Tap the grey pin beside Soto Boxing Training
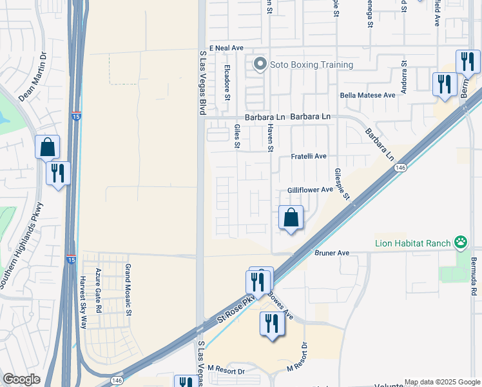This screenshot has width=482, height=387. (x=260, y=64)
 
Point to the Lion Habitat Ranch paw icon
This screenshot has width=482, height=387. (x=460, y=243)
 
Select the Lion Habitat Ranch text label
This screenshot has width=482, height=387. (x=412, y=243)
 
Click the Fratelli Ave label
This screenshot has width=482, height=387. (x=309, y=156)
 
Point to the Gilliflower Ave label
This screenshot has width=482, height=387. (x=310, y=190)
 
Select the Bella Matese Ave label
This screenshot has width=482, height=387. (x=367, y=95)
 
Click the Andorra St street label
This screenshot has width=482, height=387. (x=404, y=77)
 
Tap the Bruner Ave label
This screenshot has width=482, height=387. (x=332, y=253)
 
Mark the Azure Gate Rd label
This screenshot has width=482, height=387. (x=98, y=291)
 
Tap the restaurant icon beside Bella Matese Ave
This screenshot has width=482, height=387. (x=444, y=84)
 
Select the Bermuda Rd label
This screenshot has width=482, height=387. (x=474, y=278)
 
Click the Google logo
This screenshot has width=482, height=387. (x=21, y=379)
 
